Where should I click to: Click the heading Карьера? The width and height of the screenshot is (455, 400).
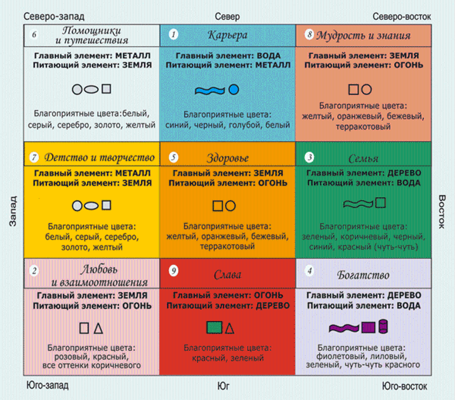[227, 35]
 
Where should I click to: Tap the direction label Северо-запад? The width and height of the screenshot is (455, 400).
[54, 16]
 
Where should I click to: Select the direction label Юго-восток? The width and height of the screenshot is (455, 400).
[405, 386]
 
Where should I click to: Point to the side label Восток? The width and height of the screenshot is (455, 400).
[442, 211]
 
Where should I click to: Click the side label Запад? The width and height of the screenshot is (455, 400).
[13, 211]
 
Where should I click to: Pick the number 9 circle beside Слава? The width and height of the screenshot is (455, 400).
[173, 271]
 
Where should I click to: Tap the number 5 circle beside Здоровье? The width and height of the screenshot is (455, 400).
[173, 157]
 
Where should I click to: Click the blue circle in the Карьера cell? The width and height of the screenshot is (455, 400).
[234, 89]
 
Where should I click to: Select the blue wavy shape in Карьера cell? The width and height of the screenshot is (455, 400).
[210, 91]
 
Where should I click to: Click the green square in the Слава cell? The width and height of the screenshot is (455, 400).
[214, 327]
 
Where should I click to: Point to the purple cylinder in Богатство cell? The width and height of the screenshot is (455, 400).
[383, 326]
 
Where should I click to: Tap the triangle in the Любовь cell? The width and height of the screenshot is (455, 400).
[98, 328]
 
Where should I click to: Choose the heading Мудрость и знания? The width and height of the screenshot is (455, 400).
[363, 35]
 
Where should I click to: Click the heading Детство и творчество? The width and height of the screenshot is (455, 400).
[99, 157]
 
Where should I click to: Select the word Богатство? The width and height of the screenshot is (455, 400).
[363, 275]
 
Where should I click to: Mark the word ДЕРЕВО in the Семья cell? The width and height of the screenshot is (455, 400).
[404, 173]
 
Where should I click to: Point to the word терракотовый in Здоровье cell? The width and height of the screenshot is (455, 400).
[227, 246]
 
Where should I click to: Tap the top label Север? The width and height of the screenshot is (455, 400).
[227, 16]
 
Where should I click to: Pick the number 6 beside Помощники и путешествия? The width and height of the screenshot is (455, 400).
[34, 35]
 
